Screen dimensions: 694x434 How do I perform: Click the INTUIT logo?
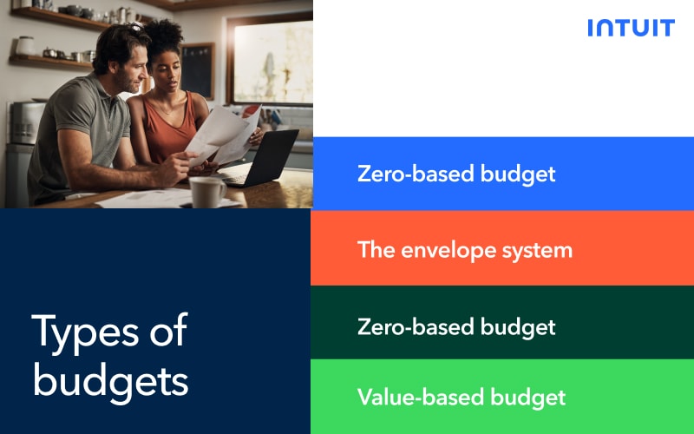[632, 28]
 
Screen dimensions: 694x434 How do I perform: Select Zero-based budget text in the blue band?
[456, 174]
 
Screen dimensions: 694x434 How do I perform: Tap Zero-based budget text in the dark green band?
[456, 327]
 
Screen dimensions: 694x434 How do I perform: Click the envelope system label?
[465, 251]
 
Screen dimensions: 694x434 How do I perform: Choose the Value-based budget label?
[462, 398]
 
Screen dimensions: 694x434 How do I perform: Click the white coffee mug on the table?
[207, 191]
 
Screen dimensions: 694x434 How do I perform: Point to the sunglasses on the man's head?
[135, 28]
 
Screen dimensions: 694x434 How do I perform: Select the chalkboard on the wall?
[198, 70]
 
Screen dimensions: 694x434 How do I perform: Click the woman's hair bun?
[164, 34]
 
